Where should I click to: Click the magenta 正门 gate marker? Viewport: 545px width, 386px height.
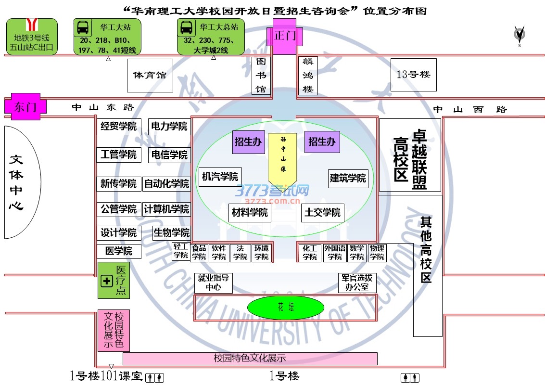(x=284, y=36)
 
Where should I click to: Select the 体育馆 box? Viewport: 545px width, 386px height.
(x=150, y=76)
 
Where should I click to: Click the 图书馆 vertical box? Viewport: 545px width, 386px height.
(x=261, y=76)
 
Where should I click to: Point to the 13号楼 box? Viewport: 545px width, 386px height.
(x=413, y=75)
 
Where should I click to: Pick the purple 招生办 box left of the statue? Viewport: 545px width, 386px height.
(x=248, y=142)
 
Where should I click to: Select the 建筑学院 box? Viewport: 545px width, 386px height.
(x=348, y=178)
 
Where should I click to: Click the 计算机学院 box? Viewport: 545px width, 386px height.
(x=167, y=209)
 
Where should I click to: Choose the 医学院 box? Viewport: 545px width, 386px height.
(x=119, y=251)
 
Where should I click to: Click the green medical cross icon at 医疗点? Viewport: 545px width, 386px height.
(x=106, y=281)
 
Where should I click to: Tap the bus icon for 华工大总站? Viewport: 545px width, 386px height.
(x=186, y=29)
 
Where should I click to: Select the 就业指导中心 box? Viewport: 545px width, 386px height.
(x=213, y=283)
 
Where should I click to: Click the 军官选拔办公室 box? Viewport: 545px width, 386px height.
(x=357, y=283)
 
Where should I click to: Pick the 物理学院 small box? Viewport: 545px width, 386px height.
(x=377, y=253)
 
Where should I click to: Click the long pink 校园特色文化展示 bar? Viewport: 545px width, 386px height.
(x=250, y=359)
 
